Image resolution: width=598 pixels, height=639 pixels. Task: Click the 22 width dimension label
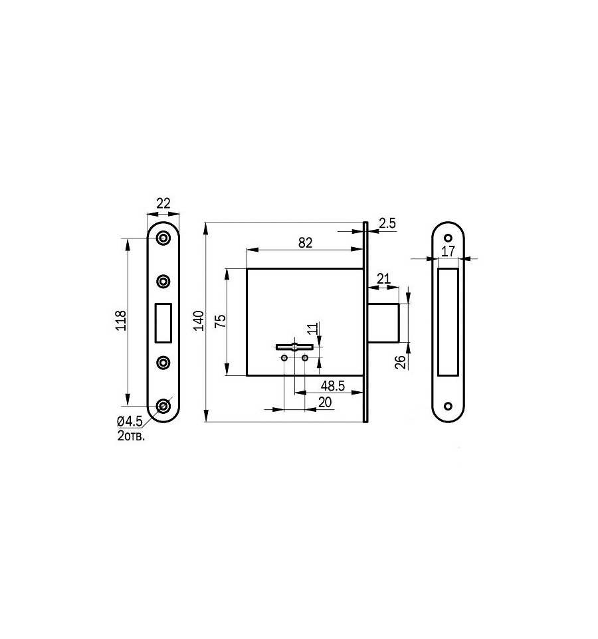(163, 203)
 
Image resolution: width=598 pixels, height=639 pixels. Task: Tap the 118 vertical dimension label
(122, 320)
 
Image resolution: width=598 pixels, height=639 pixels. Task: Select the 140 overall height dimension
(199, 320)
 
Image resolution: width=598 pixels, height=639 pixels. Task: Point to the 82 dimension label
(306, 242)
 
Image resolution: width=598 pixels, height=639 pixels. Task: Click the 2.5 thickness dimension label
(387, 223)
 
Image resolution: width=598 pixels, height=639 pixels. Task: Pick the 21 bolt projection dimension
(383, 279)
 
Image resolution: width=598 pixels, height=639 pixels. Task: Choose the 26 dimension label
(401, 362)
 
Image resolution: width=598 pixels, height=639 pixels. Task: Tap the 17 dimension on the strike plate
(448, 251)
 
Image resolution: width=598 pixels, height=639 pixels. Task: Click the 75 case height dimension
(220, 321)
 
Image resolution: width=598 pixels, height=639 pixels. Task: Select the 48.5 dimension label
(333, 385)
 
